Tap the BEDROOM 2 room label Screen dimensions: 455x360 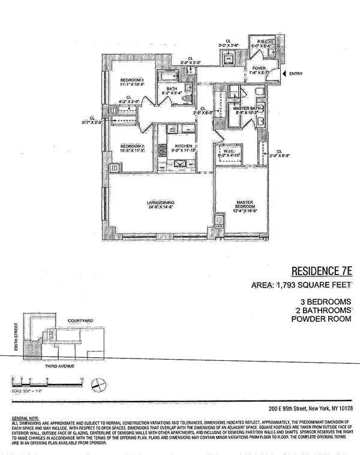[x=132, y=146]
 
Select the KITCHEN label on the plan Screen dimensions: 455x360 [x=182, y=146]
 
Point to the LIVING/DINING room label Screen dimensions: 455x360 [x=160, y=203]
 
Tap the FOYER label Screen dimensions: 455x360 [x=258, y=68]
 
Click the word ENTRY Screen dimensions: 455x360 [x=296, y=74]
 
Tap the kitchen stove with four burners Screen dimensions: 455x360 [x=162, y=149]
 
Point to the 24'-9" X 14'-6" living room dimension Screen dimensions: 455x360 [x=160, y=208]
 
